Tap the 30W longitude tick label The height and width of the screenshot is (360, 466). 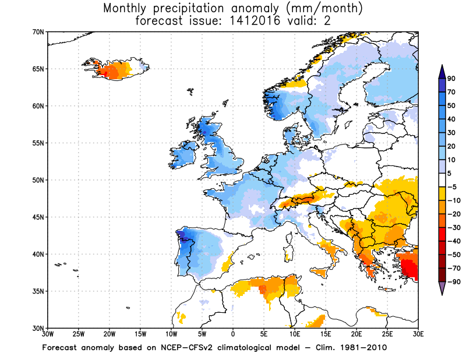point(48,334)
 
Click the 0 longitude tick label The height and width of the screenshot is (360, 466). point(233,334)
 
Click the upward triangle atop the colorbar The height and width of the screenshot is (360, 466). point(442,70)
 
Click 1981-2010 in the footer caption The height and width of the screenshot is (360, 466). point(365,348)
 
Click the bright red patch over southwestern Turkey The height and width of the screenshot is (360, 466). point(410,269)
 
